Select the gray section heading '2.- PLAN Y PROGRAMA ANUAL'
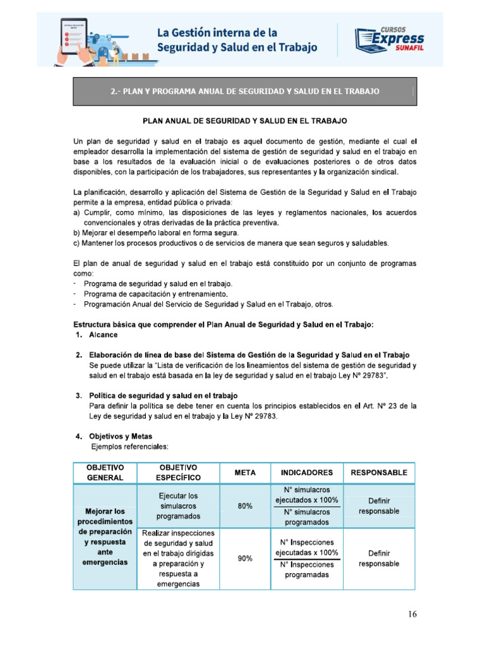coord(245,91)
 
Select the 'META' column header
coord(244,473)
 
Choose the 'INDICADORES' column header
coord(307,473)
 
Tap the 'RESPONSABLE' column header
coord(379,473)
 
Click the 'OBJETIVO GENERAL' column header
coord(105,473)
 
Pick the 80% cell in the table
coord(244,506)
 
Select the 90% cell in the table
coord(244,559)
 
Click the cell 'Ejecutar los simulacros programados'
coord(179,506)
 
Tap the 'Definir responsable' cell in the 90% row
coord(379,559)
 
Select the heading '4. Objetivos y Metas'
coord(120,437)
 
